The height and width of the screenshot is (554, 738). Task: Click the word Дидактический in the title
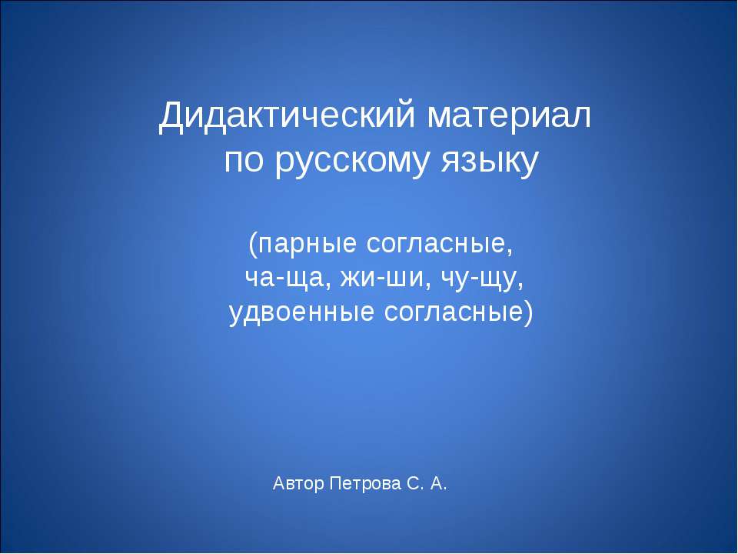[287, 116]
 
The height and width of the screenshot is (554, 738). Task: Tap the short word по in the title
[244, 162]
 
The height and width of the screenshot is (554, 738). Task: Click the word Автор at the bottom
[298, 484]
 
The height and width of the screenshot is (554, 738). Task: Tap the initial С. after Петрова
[414, 483]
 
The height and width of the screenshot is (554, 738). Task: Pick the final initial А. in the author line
[438, 483]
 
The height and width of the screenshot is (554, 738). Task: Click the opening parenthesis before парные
[253, 245]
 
